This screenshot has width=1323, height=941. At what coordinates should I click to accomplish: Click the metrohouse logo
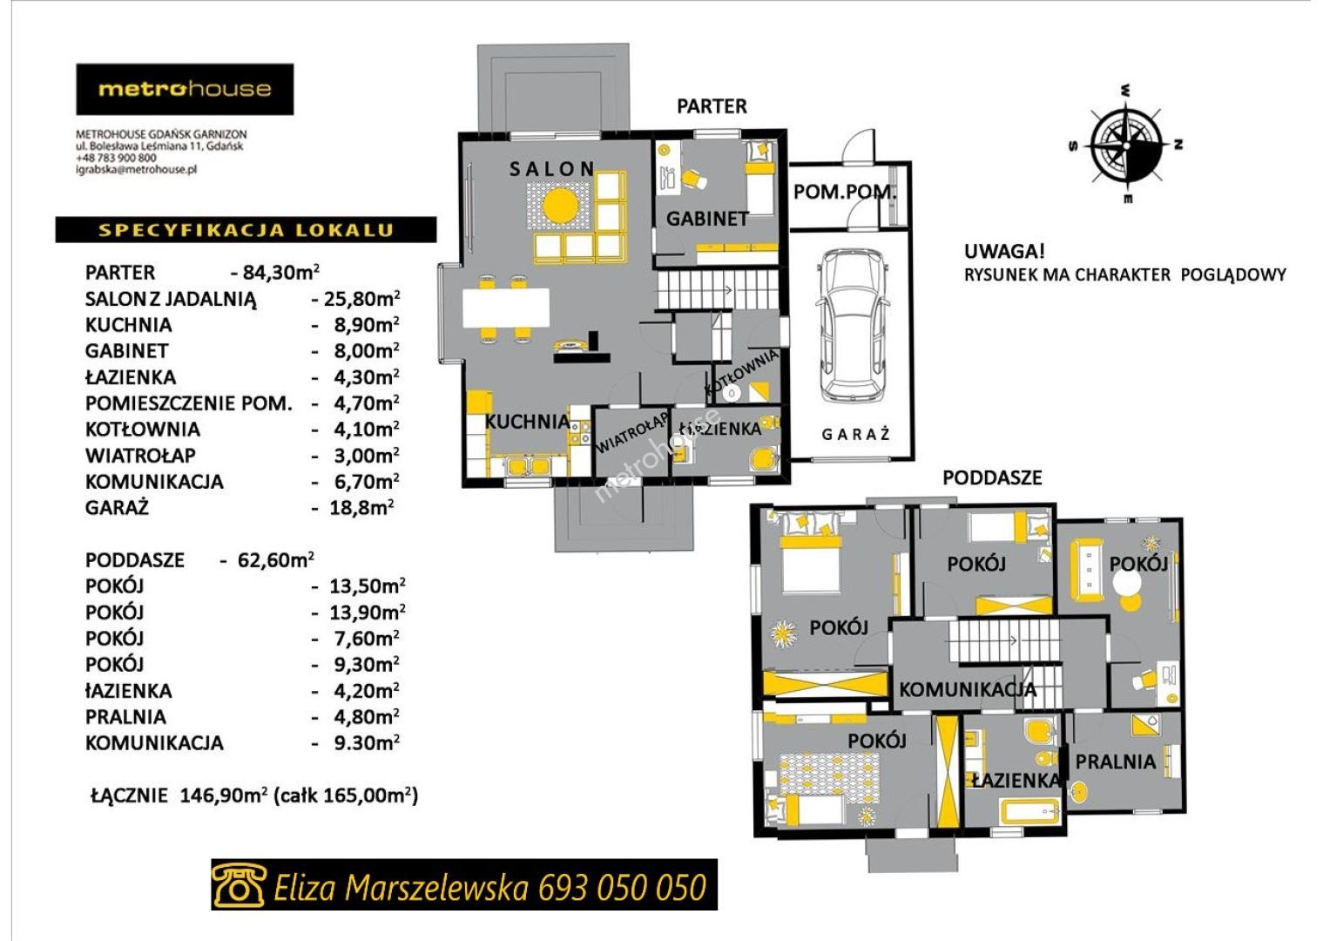(185, 89)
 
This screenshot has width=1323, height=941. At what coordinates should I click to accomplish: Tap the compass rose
(1126, 146)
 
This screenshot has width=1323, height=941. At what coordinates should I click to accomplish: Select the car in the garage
(853, 326)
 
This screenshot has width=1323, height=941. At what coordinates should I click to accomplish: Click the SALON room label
(551, 169)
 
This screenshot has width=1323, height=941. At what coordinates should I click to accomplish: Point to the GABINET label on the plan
(707, 220)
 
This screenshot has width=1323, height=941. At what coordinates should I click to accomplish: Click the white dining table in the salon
(505, 308)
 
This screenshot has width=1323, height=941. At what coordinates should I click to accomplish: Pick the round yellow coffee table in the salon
(560, 206)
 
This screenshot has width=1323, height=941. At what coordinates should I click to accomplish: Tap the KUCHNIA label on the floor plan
(527, 422)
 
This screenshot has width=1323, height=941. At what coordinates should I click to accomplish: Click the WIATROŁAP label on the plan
(631, 432)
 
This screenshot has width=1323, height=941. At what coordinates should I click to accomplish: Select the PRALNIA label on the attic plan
(1115, 762)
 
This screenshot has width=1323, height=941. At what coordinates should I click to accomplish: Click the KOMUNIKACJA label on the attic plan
(968, 689)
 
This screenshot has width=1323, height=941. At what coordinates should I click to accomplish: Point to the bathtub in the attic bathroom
(1029, 812)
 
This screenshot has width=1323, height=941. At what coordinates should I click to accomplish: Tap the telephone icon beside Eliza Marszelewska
(238, 884)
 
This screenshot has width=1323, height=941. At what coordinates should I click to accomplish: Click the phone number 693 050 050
(622, 887)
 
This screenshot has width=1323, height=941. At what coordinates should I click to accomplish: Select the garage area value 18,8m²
(361, 507)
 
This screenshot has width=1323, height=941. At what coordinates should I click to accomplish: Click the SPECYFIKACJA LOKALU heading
(246, 230)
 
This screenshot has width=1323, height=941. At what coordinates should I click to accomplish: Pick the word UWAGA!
(1004, 252)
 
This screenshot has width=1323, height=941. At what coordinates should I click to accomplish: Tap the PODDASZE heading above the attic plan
(992, 477)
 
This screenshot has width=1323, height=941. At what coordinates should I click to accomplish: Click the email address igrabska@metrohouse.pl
(137, 170)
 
